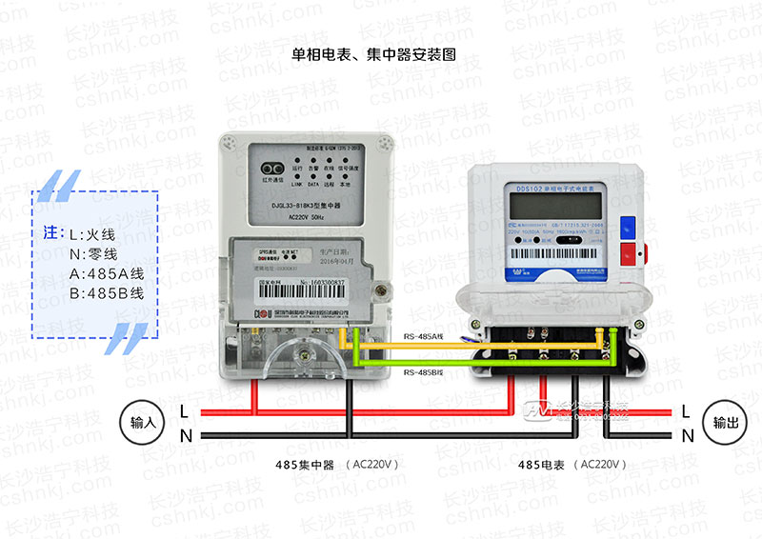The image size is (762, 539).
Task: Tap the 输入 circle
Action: click(142, 422)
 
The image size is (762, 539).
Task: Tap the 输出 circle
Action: click(720, 422)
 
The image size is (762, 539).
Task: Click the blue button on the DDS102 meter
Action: click(628, 228)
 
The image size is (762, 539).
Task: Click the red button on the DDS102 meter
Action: click(628, 254)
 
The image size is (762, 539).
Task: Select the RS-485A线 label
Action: click(423, 335)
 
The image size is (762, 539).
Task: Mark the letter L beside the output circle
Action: click(686, 411)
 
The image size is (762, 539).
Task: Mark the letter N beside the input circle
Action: click(184, 435)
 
